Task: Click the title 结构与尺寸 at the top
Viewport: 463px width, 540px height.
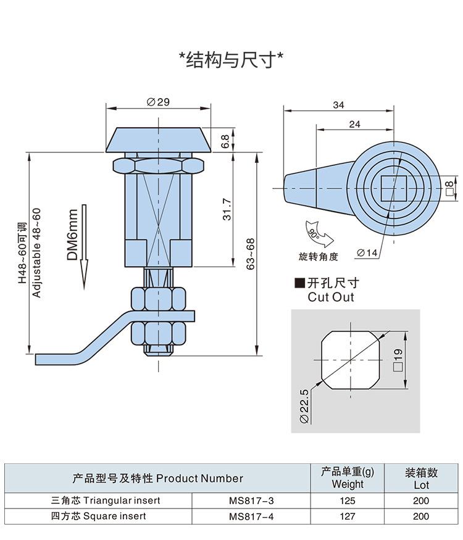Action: coord(231,60)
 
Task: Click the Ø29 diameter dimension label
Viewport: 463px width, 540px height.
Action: coord(158,102)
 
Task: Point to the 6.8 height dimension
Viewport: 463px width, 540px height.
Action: coord(225,141)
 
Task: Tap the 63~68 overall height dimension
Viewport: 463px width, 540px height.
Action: coord(250,254)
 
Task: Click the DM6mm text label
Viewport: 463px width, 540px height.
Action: coord(72,235)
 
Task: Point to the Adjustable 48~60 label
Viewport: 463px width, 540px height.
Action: coord(37,253)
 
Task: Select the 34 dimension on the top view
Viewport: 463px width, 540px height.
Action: coord(338,106)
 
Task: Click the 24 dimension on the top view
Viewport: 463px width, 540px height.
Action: coord(354,124)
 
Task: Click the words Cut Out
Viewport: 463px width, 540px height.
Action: coord(331,297)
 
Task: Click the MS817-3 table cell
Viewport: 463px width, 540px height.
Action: coord(251,501)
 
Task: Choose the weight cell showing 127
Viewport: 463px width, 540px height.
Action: coord(348,517)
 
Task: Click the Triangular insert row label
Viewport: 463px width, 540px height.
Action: coord(106,501)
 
